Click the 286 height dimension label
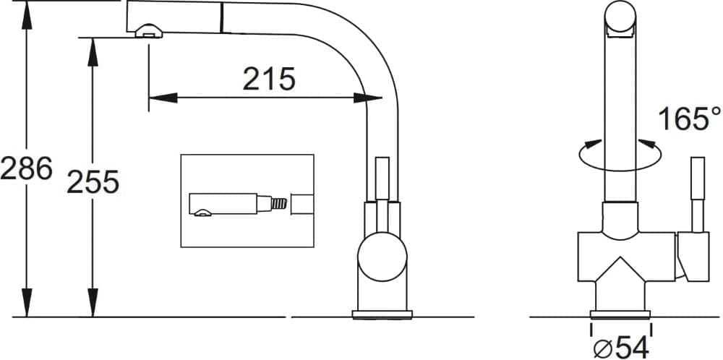(26, 168)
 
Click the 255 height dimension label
(93, 182)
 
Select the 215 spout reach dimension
(268, 79)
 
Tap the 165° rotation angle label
(689, 119)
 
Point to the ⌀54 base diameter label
(620, 347)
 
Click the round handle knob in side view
(382, 257)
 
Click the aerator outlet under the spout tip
(148, 31)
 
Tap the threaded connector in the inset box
(279, 204)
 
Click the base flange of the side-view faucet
(382, 315)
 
